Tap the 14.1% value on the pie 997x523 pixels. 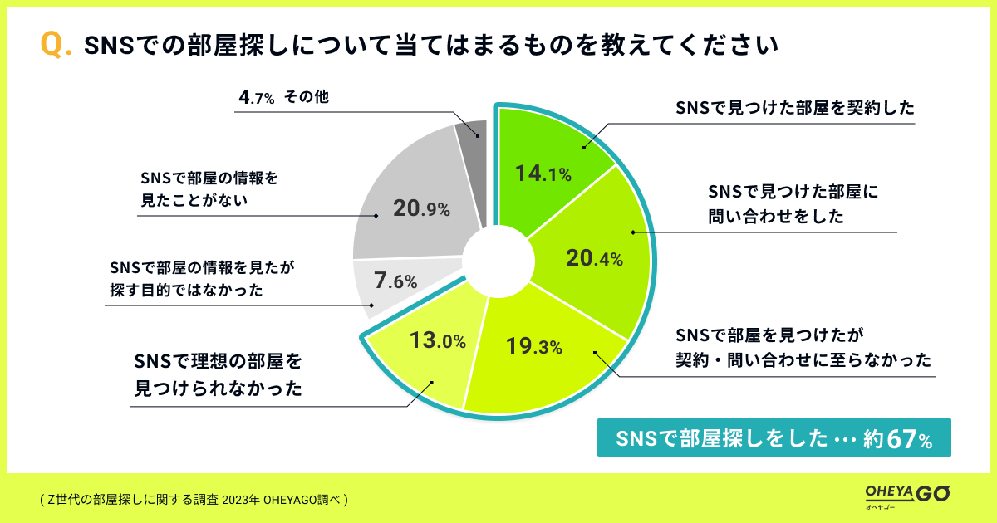tap(542, 174)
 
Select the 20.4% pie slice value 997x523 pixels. tap(593, 259)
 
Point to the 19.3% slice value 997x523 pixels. tap(533, 345)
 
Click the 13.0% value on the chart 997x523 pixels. tap(437, 340)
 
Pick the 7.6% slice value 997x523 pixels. tap(395, 281)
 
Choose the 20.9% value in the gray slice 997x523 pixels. tap(421, 209)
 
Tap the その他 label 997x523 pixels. tap(307, 97)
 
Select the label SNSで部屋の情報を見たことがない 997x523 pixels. tap(208, 188)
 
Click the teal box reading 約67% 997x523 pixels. tap(773, 439)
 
